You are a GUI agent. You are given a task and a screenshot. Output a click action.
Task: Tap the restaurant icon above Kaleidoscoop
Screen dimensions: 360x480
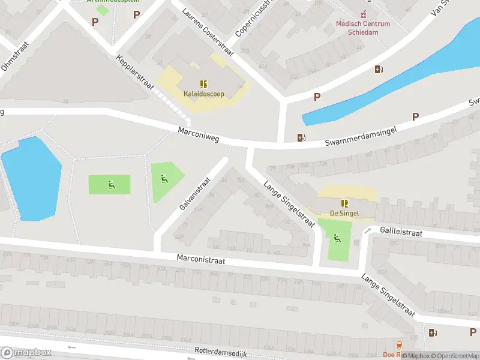coord(203,84)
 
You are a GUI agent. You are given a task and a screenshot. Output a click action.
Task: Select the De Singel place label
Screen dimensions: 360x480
coord(344,213)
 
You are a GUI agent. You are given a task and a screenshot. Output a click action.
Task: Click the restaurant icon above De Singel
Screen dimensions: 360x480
coord(344,203)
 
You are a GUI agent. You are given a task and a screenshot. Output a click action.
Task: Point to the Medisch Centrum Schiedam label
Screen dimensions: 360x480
coord(362,28)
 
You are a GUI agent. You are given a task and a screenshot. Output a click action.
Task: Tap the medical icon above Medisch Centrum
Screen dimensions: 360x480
coord(362,14)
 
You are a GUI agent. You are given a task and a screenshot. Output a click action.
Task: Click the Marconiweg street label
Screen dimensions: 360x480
coord(199,134)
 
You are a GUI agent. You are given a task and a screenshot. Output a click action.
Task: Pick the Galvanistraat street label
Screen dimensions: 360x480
coord(196,193)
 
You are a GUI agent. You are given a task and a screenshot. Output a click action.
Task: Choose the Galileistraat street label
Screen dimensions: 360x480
coord(401,233)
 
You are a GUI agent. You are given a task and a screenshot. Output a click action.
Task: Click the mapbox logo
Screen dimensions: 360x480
coord(26,353)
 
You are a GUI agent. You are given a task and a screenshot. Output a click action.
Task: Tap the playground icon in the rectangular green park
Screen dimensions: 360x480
coord(110,184)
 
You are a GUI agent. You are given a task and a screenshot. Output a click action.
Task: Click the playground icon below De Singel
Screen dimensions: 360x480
coord(337,238)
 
